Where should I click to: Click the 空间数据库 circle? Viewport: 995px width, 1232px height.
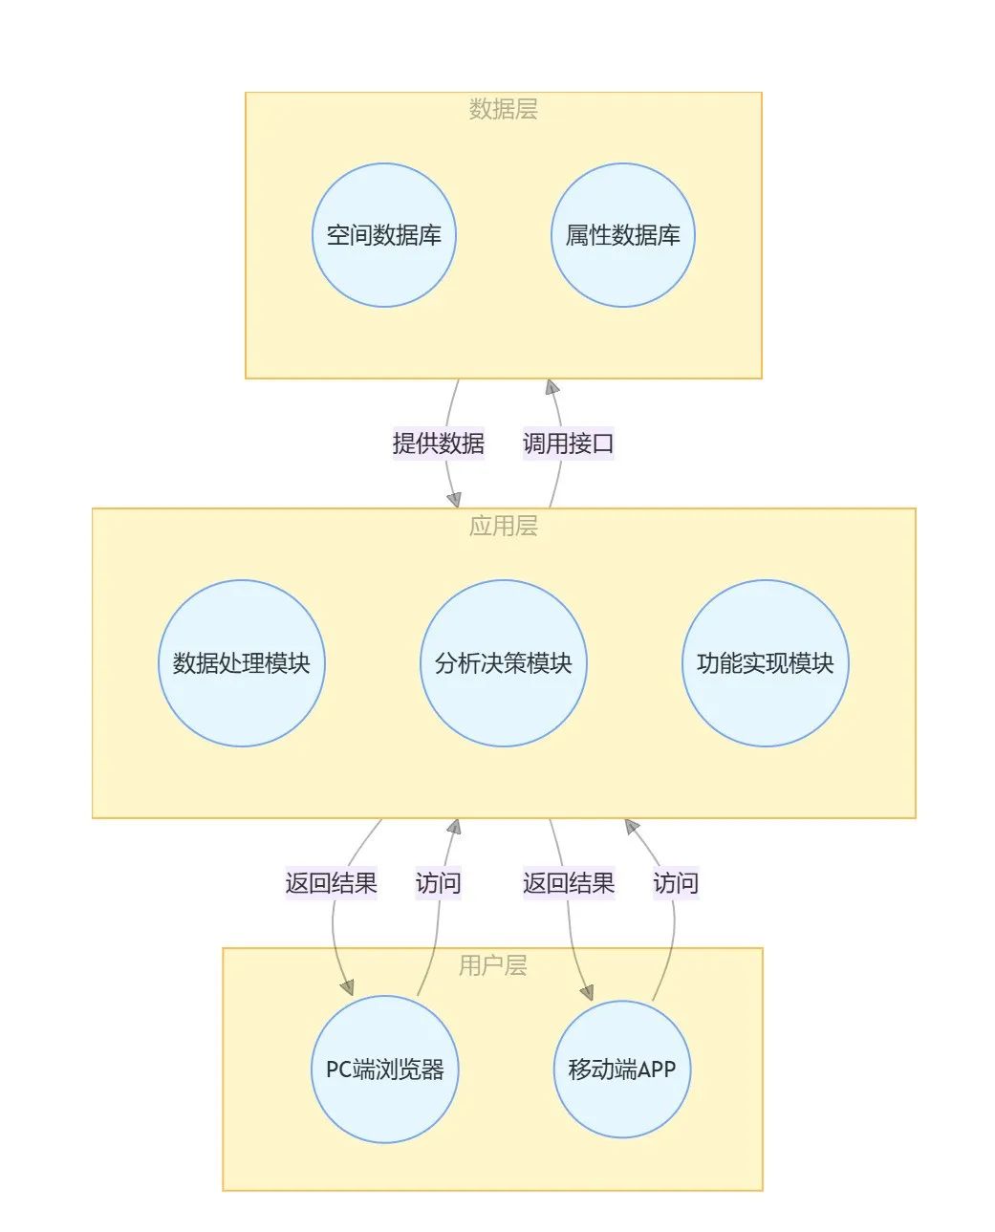(383, 235)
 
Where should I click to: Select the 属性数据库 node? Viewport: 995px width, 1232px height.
(622, 235)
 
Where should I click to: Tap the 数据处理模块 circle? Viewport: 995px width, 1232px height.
(241, 663)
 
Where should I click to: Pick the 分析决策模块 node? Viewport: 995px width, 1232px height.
(503, 663)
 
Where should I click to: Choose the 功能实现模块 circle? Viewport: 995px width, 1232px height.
(765, 663)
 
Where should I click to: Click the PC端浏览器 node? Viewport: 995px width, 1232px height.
(385, 1069)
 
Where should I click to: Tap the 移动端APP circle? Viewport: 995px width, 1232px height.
(621, 1069)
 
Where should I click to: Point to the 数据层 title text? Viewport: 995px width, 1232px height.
(503, 110)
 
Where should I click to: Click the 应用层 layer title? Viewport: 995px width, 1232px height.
(503, 526)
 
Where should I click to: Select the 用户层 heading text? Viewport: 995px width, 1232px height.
(492, 965)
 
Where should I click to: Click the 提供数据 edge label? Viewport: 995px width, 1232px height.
(438, 443)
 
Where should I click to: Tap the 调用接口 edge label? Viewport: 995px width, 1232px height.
(568, 443)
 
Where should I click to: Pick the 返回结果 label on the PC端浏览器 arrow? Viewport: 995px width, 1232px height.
(331, 883)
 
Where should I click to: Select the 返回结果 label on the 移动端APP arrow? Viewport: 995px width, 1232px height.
(568, 883)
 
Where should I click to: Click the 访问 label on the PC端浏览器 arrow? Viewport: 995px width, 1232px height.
(438, 883)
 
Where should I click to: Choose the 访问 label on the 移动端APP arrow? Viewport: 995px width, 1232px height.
(675, 883)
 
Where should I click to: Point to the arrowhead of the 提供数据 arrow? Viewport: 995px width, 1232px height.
(454, 499)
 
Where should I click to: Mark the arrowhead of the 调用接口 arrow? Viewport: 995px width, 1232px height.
(552, 387)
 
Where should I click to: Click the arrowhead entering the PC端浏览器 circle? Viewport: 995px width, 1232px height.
(347, 988)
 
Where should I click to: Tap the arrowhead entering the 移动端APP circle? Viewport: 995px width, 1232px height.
(586, 992)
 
